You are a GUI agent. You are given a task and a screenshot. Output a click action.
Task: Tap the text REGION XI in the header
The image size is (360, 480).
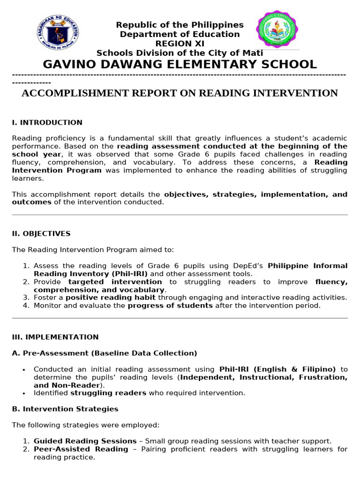point(180,44)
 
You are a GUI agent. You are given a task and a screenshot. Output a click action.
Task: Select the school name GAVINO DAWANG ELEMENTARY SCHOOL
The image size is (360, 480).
point(180,64)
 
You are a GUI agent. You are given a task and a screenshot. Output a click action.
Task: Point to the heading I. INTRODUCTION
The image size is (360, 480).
point(47,122)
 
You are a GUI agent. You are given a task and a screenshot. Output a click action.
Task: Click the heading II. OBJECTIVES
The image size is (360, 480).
point(41,233)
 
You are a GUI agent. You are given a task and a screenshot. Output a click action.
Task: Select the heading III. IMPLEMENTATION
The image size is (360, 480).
point(55,337)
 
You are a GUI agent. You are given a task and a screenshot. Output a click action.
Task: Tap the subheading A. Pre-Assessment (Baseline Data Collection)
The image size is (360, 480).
point(105,353)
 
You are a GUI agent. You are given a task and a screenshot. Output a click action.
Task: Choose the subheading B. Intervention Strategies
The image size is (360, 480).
point(65,409)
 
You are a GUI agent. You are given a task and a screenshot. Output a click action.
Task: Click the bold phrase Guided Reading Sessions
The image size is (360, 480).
point(85,441)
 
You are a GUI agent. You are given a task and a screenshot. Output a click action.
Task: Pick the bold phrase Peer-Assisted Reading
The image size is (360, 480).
point(81,449)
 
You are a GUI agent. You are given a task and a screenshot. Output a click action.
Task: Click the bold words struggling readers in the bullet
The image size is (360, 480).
point(108,393)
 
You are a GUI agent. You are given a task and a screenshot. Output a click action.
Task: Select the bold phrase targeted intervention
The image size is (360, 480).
point(115,282)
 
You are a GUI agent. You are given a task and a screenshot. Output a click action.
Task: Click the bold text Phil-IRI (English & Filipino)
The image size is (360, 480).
point(277,369)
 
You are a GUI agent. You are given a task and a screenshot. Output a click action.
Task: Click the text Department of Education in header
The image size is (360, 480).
point(180,34)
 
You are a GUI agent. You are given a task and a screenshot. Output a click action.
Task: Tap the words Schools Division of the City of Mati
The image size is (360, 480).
point(180,53)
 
